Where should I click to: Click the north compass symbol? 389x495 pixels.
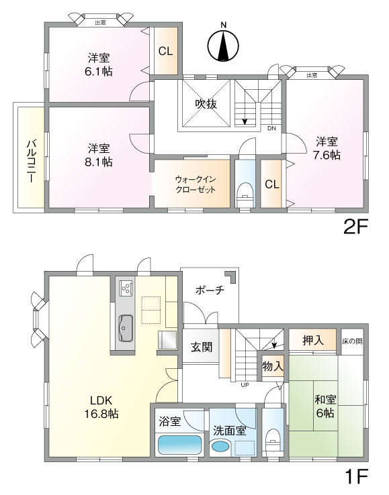coord(224,44)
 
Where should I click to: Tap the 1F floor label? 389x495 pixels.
coord(356,477)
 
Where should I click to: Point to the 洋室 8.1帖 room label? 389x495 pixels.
coord(99,154)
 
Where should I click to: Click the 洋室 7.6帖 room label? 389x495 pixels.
coord(327,148)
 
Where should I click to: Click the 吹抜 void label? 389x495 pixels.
coord(206,104)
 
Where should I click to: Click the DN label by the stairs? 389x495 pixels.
coord(271,128)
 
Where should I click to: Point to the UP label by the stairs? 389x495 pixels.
coord(245,385)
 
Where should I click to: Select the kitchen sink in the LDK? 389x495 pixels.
coord(126,329)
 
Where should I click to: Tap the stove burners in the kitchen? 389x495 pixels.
coord(125,289)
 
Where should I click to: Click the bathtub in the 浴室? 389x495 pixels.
coord(179,445)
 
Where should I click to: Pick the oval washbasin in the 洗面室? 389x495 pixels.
coord(220,447)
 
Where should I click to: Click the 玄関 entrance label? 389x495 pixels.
coord(201,347)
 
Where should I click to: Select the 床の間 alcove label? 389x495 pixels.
coord(352,341)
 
